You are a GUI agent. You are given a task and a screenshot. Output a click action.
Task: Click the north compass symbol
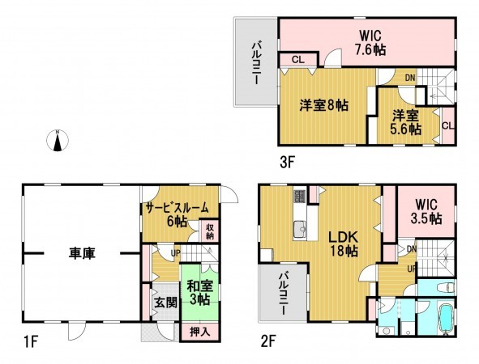tap(58, 140)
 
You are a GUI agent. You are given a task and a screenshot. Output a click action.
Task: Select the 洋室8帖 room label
tap(324, 105)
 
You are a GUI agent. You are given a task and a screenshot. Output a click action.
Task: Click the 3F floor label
tap(287, 162)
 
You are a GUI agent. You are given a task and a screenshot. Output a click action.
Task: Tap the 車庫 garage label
tap(81, 254)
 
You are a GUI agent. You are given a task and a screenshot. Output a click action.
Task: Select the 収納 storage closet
tap(210, 231)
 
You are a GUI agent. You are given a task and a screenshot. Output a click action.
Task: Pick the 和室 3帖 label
tap(195, 291)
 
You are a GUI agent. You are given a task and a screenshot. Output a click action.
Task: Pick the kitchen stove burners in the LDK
tap(299, 197)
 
